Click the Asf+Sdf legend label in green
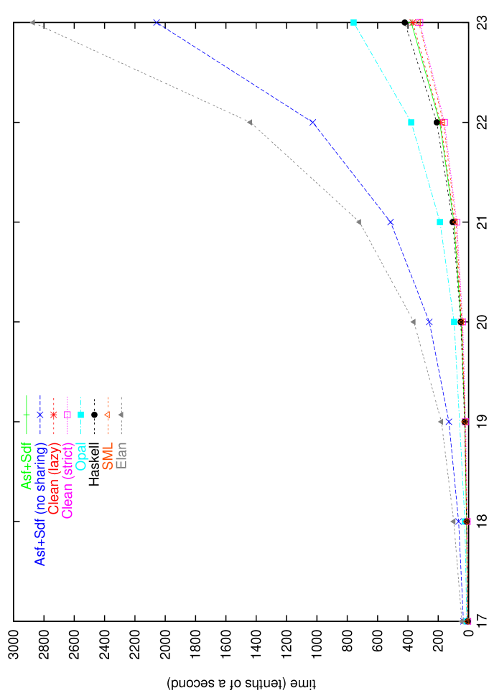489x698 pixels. pos(27,466)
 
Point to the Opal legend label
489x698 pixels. pos(81,456)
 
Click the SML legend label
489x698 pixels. pos(108,456)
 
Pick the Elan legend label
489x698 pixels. pos(121,456)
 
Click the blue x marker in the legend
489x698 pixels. pos(40,415)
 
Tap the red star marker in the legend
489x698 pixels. pos(54,415)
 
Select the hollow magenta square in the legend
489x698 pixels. pos(67,415)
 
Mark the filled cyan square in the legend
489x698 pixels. pos(81,415)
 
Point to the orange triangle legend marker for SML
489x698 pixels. pos(108,415)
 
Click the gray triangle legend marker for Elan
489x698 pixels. pos(121,415)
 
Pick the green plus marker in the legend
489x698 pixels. pos(27,415)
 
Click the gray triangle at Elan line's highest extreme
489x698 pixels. pos(32,23)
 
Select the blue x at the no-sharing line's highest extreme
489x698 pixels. pos(157,22)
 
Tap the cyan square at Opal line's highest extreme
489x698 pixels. pos(353,23)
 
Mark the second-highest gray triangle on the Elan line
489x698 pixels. pos(250,122)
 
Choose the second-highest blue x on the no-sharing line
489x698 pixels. pos(313,123)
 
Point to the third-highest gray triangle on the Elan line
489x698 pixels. pos(359,222)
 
